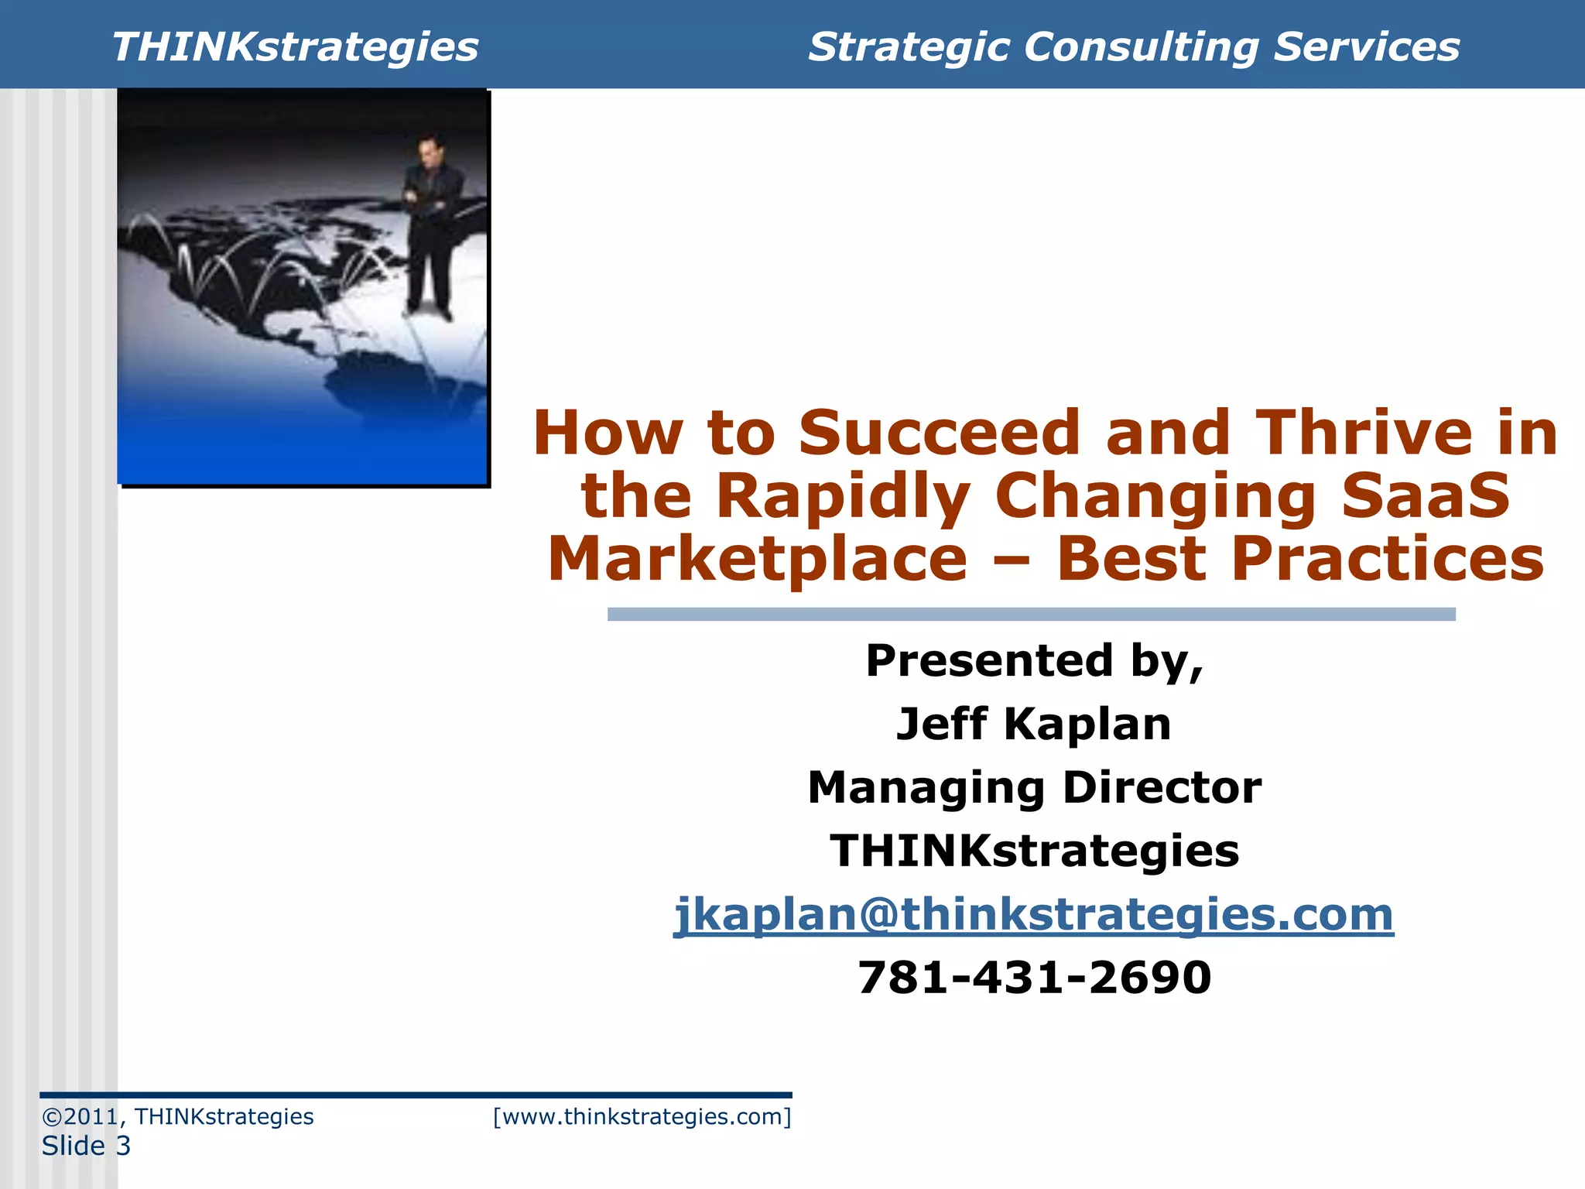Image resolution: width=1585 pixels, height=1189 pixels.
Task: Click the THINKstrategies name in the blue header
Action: point(295,46)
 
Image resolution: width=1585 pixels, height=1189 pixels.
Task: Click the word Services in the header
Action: point(1366,46)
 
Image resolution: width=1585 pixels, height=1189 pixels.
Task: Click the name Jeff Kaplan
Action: point(1034,724)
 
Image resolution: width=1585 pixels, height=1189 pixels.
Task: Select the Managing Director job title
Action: point(1034,787)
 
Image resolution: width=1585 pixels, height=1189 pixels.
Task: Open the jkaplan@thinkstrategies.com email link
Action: point(1034,914)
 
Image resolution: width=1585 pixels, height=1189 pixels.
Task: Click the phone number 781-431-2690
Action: point(1034,978)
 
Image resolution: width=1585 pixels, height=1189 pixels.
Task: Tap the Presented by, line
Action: point(1034,661)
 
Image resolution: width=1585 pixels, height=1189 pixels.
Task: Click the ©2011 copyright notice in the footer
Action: point(178,1116)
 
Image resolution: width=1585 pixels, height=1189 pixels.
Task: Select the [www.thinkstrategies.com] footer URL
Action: point(642,1116)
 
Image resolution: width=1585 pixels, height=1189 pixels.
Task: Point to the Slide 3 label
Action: point(86,1146)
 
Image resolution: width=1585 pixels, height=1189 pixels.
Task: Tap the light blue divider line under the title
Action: point(1031,614)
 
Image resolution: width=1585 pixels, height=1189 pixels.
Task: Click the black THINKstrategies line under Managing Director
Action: point(1034,851)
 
